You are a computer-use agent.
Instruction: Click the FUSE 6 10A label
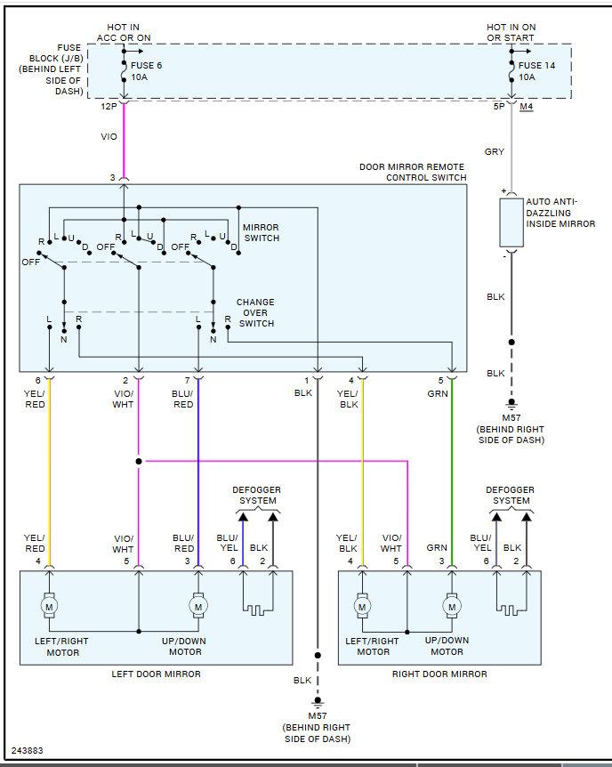click(146, 71)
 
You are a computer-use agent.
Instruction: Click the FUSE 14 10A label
click(536, 71)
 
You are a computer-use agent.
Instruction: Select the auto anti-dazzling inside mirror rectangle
click(511, 222)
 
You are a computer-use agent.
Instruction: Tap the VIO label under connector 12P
click(109, 138)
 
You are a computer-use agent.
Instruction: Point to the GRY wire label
click(495, 152)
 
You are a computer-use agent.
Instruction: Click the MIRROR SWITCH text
click(261, 233)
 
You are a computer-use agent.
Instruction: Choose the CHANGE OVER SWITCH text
click(256, 313)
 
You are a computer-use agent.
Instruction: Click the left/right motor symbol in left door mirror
click(50, 606)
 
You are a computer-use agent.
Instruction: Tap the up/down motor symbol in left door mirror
click(197, 606)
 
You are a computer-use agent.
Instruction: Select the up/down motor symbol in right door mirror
click(452, 606)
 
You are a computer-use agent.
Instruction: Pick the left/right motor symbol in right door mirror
click(362, 606)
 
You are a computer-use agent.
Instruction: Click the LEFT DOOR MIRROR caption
click(156, 674)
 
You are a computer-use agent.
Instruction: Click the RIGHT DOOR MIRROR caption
click(439, 674)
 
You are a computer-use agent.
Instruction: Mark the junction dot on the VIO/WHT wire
click(139, 461)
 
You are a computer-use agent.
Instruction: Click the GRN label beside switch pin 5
click(437, 392)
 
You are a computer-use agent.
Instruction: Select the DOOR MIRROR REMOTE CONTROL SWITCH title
click(413, 172)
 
